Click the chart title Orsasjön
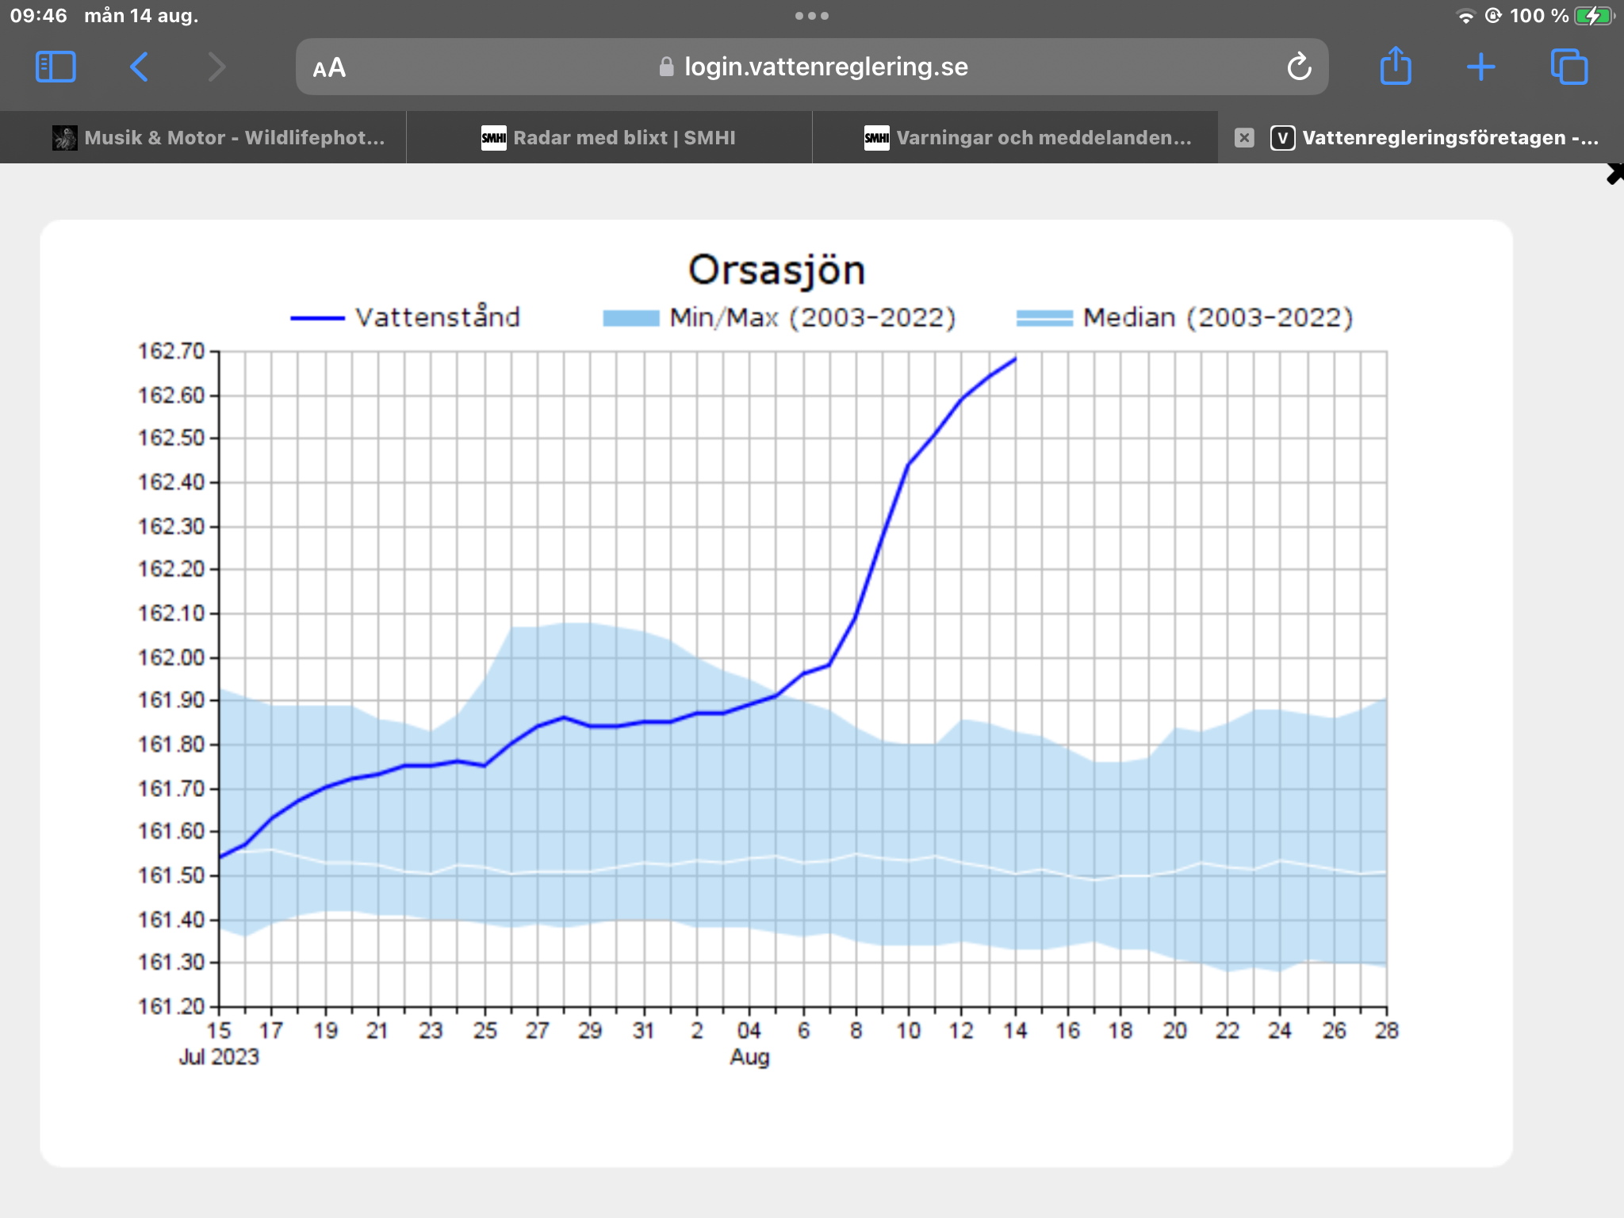pos(776,270)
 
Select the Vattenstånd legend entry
pos(405,317)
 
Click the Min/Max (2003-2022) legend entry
pos(779,317)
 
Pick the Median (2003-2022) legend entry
pos(1185,317)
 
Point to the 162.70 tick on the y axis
pos(172,350)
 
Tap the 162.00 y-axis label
pos(172,657)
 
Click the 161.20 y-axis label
pos(172,1006)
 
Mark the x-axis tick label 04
pos(749,1030)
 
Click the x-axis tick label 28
pos(1386,1030)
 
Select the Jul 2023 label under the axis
pos(219,1057)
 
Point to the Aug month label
pos(749,1057)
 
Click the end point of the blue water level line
pos(1016,358)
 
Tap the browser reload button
pos(1299,67)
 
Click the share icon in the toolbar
pos(1396,66)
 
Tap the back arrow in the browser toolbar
pos(139,67)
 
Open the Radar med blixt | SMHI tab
pos(609,138)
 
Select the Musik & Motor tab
pos(219,138)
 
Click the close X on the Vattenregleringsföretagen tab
pos(1244,138)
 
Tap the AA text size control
pos(329,67)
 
